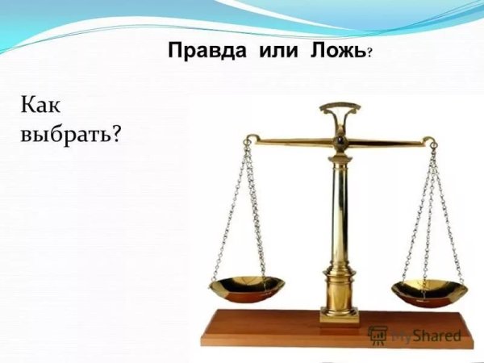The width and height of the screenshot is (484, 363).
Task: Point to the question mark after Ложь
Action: tap(369, 54)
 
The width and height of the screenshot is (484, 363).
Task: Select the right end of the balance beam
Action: tap(431, 147)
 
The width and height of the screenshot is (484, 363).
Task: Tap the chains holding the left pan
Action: tap(242, 210)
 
